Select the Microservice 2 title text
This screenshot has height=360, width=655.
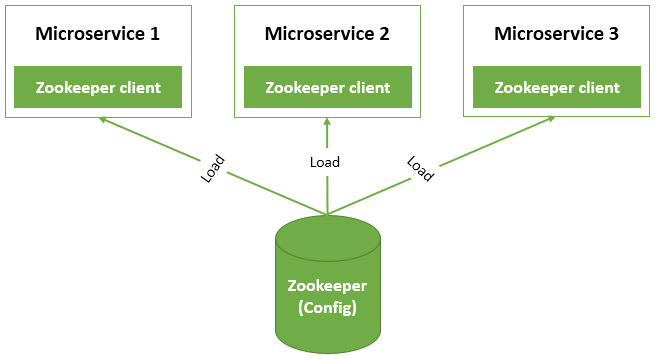(x=327, y=33)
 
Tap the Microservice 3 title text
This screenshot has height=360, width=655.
(x=557, y=33)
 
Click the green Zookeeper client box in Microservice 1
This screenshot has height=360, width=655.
(x=97, y=87)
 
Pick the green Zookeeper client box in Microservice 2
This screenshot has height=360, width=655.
(x=327, y=87)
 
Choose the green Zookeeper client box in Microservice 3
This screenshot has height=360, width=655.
(x=557, y=87)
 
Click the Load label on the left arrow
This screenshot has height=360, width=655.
(x=213, y=168)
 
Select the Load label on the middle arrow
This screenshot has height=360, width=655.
(x=324, y=162)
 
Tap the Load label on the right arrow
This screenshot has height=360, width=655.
(x=420, y=169)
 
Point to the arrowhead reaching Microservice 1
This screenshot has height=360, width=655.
(x=102, y=120)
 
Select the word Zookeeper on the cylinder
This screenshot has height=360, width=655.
(x=327, y=284)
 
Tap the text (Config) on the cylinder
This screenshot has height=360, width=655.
(x=327, y=307)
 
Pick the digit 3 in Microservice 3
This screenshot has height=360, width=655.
(x=613, y=33)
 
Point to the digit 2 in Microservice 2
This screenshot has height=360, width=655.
(x=384, y=33)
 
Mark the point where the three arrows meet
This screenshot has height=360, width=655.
(x=327, y=213)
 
